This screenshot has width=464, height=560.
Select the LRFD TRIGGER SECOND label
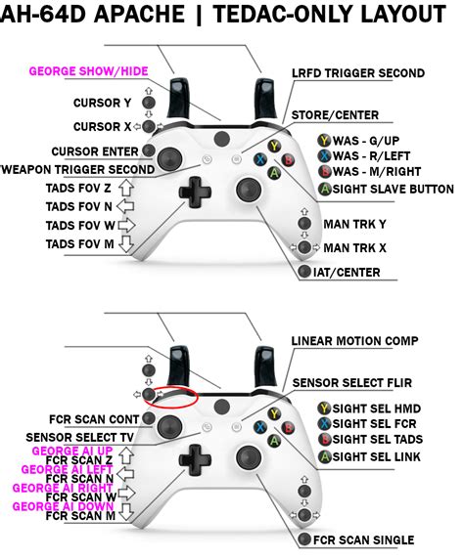click(357, 73)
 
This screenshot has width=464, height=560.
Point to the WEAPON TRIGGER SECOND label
click(76, 170)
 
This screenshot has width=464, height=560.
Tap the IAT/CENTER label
click(354, 272)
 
